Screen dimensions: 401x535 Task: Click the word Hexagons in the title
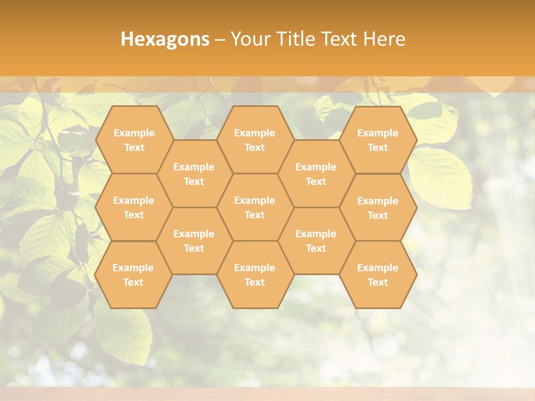tap(165, 39)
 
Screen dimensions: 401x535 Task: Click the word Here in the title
tap(385, 39)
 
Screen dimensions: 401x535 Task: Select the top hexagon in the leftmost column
tap(134, 140)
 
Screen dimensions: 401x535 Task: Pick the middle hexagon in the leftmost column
tap(134, 207)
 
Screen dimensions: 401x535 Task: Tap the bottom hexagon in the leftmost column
tap(134, 275)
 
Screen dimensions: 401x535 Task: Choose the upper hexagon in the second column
tap(194, 174)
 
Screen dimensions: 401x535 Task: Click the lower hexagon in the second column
tap(194, 241)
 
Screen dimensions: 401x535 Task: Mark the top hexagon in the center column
tap(255, 140)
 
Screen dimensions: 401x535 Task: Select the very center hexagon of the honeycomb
tap(255, 207)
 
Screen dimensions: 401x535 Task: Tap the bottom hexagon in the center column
tap(255, 275)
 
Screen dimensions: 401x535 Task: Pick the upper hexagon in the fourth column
tap(316, 174)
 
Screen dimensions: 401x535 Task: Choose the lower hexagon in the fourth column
tap(316, 241)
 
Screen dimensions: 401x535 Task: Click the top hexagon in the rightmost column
tap(378, 140)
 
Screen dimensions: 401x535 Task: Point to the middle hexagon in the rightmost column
tap(378, 208)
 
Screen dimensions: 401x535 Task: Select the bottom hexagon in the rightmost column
tap(378, 275)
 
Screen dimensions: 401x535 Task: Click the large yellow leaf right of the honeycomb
tap(443, 178)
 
